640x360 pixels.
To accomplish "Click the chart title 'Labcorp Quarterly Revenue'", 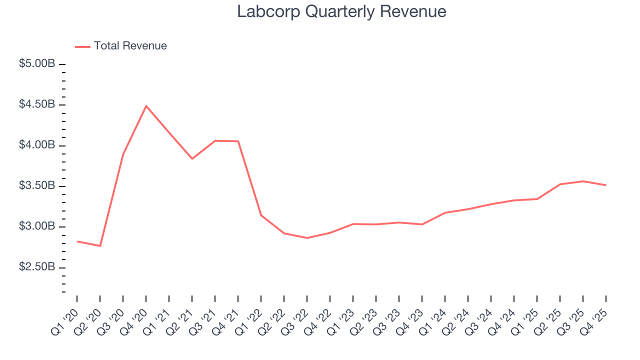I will pyautogui.click(x=341, y=11).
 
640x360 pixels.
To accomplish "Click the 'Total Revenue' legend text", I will pyautogui.click(x=130, y=46).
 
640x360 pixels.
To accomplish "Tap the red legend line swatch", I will pyautogui.click(x=82, y=46).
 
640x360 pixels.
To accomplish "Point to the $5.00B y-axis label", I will pyautogui.click(x=37, y=64).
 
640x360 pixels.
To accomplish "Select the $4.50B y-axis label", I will pyautogui.click(x=37, y=104).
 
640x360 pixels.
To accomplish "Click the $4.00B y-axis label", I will pyautogui.click(x=37, y=145).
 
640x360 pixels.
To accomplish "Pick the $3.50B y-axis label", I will pyautogui.click(x=37, y=186).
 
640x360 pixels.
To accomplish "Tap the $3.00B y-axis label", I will pyautogui.click(x=37, y=226).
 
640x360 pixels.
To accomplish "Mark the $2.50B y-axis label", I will pyautogui.click(x=37, y=267).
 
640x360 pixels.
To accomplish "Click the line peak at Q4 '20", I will pyautogui.click(x=146, y=105).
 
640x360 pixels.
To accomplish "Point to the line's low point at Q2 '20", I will pyautogui.click(x=100, y=246).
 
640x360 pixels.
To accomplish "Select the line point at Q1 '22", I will pyautogui.click(x=261, y=215).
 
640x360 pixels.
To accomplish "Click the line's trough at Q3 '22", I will pyautogui.click(x=307, y=238).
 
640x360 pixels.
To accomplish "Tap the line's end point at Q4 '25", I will pyautogui.click(x=606, y=185).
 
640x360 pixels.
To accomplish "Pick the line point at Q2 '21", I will pyautogui.click(x=192, y=158).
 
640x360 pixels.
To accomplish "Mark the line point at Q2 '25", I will pyautogui.click(x=560, y=184).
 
